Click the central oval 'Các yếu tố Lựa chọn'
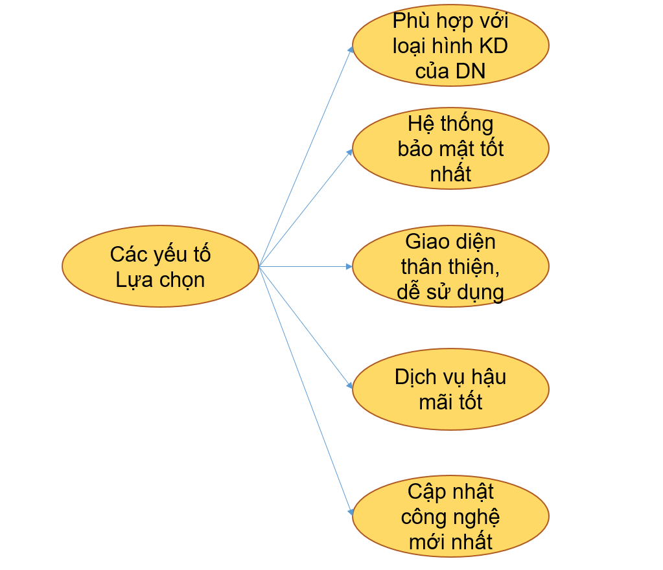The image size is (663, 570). tap(160, 266)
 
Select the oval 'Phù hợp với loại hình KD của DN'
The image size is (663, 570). tap(450, 45)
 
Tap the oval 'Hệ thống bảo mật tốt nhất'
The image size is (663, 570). tap(450, 148)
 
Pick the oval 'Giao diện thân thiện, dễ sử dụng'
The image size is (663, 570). tap(450, 266)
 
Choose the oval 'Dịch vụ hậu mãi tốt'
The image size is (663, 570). tap(450, 389)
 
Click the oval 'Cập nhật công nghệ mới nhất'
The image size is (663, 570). tap(450, 516)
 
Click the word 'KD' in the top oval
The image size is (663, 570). tap(493, 46)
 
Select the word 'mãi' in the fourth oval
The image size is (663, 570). tap(435, 402)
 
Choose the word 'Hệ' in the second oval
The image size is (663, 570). tap(419, 123)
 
